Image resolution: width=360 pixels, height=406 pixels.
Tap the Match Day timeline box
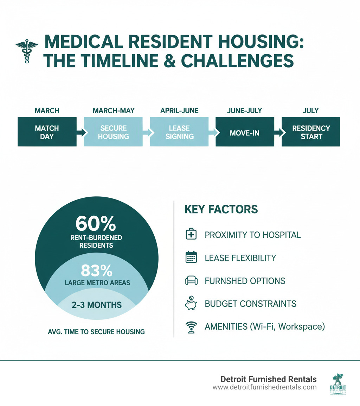tap(47, 132)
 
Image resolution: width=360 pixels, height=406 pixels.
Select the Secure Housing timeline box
tap(113, 132)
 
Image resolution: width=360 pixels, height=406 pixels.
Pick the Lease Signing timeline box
tap(179, 132)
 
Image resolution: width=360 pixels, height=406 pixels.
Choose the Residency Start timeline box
tap(311, 132)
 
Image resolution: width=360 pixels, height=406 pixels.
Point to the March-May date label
tap(113, 111)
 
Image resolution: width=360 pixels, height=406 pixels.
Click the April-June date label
tap(179, 111)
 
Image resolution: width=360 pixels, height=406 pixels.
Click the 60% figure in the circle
tap(96, 223)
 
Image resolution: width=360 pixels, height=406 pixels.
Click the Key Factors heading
tap(221, 210)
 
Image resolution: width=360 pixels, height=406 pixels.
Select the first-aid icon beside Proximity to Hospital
tap(191, 235)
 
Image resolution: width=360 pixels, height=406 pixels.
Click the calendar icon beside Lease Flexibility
tap(191, 258)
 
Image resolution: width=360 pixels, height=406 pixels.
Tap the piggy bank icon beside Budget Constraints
tap(191, 303)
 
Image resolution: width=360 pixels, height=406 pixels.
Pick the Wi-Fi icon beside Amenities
tap(191, 327)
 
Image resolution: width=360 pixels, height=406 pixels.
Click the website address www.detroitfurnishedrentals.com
tap(264, 387)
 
